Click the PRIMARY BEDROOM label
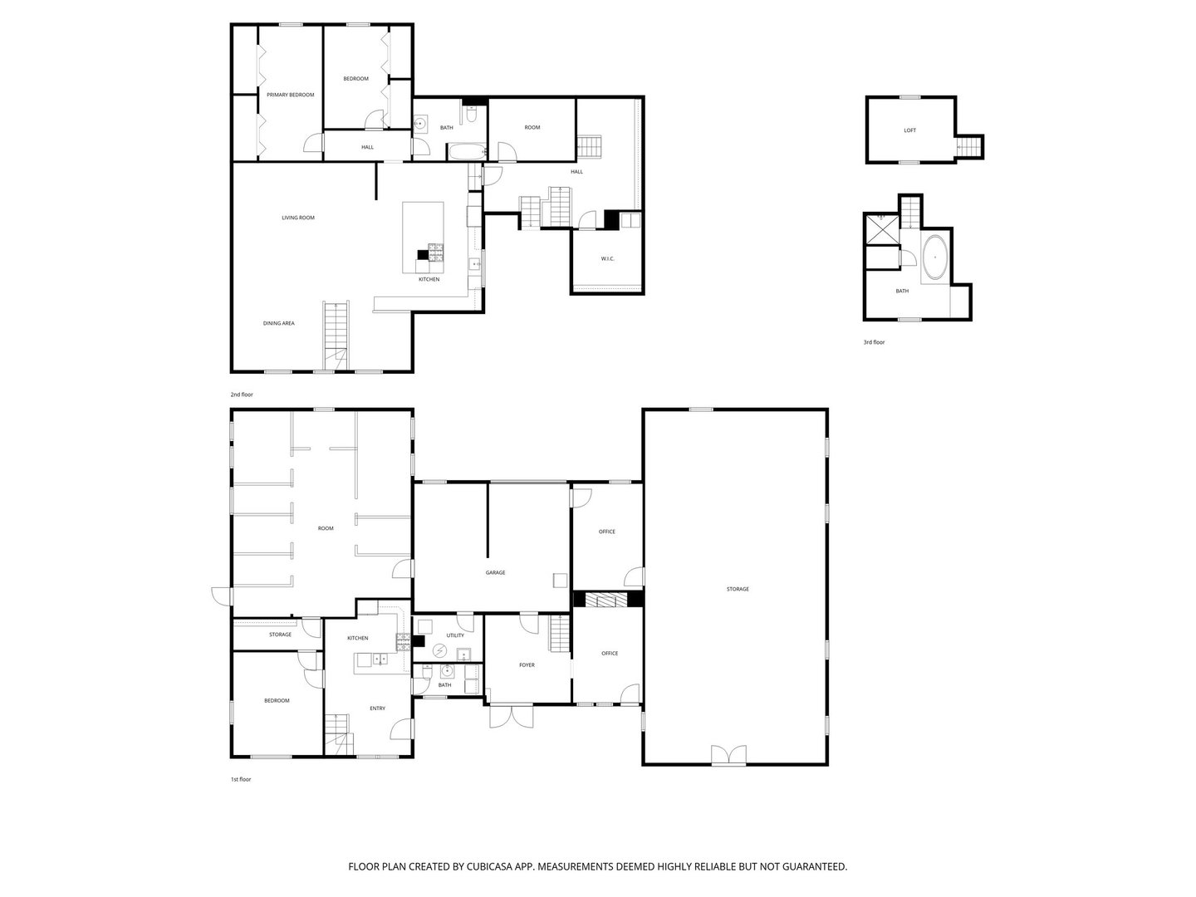pyautogui.click(x=290, y=95)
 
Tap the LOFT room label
pyautogui.click(x=909, y=130)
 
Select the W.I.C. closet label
pyautogui.click(x=607, y=259)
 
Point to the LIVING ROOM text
pyautogui.click(x=298, y=218)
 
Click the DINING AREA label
pyautogui.click(x=279, y=323)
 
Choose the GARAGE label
pyautogui.click(x=495, y=572)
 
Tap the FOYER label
pyautogui.click(x=527, y=664)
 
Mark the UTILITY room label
pyautogui.click(x=455, y=635)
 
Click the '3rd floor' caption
pyautogui.click(x=874, y=342)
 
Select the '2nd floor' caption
pyautogui.click(x=242, y=395)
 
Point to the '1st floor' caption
pyautogui.click(x=240, y=779)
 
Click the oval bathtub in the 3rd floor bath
pyautogui.click(x=935, y=257)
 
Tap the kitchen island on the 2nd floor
pyautogui.click(x=423, y=237)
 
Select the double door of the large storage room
pyautogui.click(x=728, y=755)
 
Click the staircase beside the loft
pyautogui.click(x=968, y=147)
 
